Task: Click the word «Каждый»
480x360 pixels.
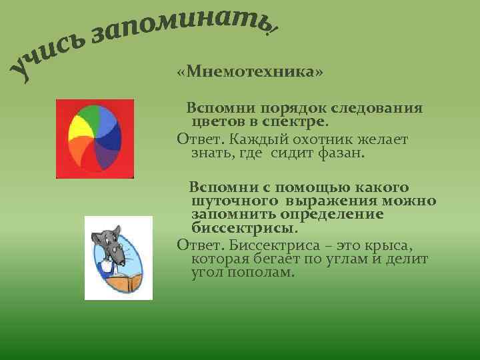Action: [x=253, y=139]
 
